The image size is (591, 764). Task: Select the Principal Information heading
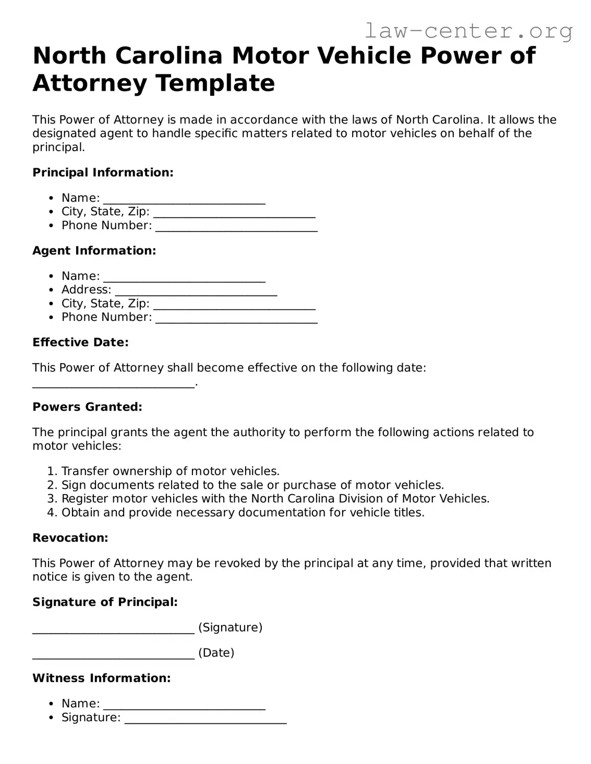pos(103,172)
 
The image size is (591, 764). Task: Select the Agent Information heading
pos(94,251)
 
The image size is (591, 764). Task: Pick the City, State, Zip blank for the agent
pos(234,306)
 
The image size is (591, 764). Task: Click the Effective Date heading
pos(80,342)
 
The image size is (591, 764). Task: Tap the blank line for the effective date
pos(113,385)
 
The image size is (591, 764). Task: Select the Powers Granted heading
pos(87,407)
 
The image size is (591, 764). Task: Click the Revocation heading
pos(70,538)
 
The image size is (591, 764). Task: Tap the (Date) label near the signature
pos(216,652)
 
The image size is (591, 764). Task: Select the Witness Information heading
pos(102,678)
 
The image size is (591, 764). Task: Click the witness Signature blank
pos(206,720)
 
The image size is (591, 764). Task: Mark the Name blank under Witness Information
pos(184,706)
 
